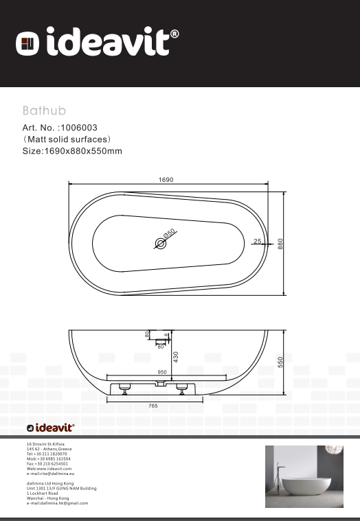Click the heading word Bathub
coord(44,110)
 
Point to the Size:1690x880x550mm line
coord(72,151)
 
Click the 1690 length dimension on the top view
coord(166,180)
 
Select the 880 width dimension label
coord(280,244)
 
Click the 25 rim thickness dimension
coord(257,242)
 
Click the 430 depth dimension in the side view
coord(175,357)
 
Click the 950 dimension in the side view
coord(162,372)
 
